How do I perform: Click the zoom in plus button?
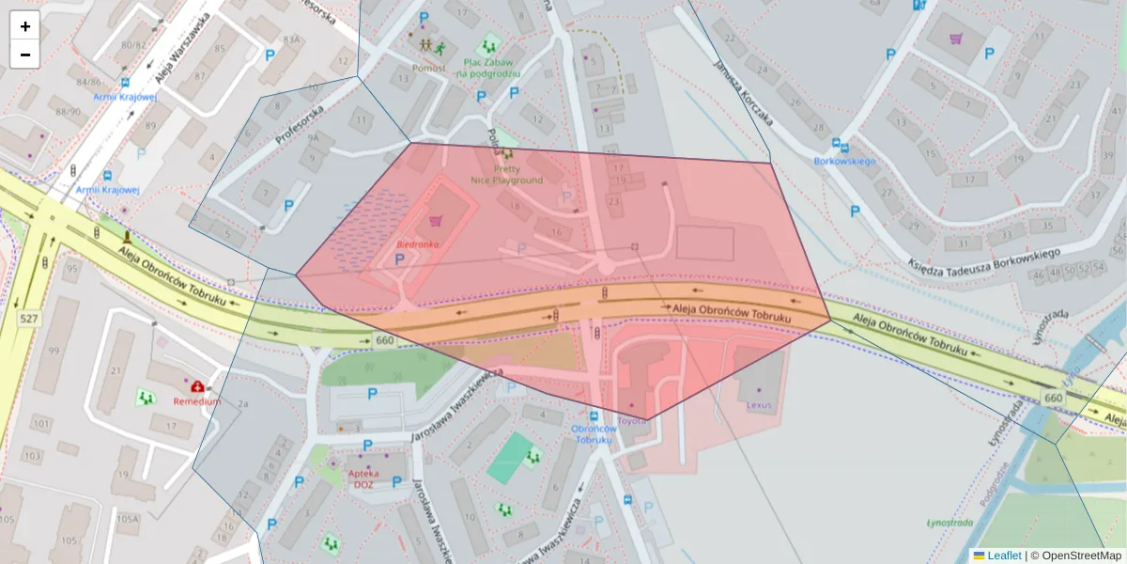(25, 26)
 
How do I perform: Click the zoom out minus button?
(25, 55)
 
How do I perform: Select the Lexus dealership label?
(758, 405)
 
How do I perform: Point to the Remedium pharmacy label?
(196, 400)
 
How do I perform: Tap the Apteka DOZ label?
(367, 478)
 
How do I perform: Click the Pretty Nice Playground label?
(506, 174)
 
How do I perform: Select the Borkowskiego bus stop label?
(844, 162)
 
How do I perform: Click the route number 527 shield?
(29, 319)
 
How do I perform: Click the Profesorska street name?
(300, 123)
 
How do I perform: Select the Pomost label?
(428, 68)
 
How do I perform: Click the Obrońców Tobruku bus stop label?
(593, 433)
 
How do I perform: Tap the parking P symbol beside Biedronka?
(399, 258)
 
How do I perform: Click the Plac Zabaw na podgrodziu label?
(488, 67)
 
